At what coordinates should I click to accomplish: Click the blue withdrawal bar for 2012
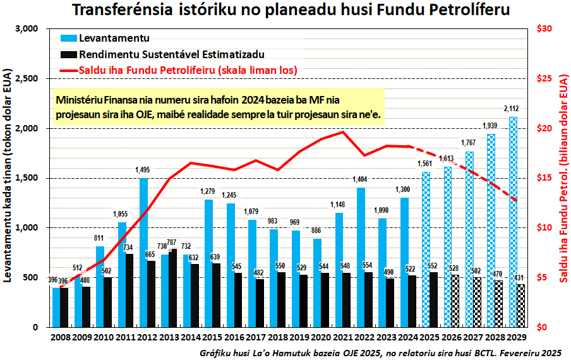click(x=143, y=253)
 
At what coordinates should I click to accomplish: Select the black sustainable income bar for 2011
click(x=129, y=291)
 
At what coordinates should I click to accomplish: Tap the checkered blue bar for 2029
click(x=513, y=221)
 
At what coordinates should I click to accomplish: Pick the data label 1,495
click(x=143, y=170)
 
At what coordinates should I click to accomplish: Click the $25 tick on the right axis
click(x=544, y=79)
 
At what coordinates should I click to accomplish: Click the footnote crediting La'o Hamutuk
click(x=379, y=352)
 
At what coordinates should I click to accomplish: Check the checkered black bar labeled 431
click(x=520, y=306)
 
